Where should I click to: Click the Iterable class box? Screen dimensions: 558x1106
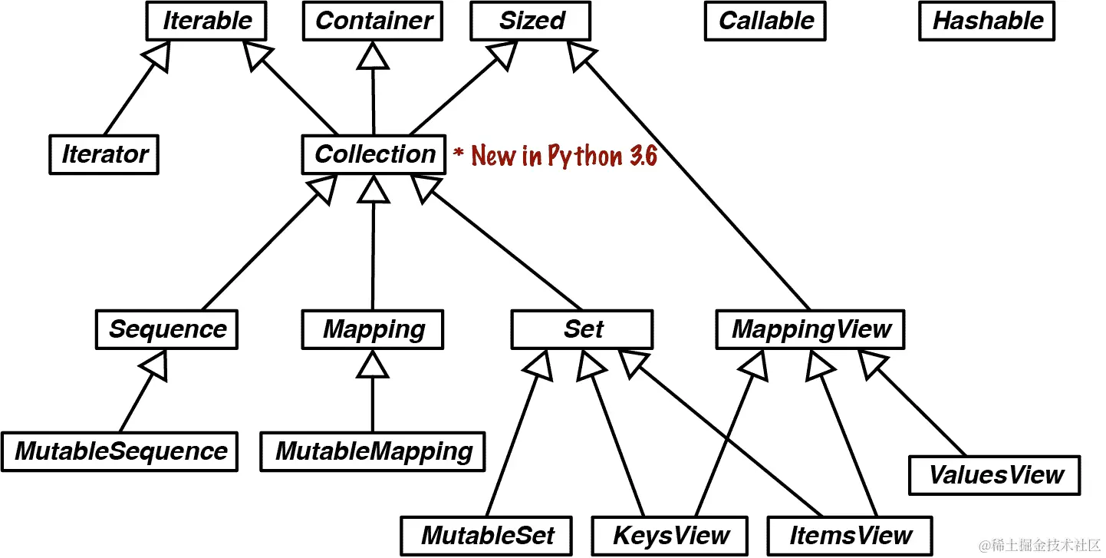pos(206,21)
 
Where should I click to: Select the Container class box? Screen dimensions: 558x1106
pos(373,21)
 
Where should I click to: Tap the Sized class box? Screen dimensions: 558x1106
pos(532,21)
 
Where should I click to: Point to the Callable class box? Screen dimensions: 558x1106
pos(765,21)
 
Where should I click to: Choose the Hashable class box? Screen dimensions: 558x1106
pos(987,21)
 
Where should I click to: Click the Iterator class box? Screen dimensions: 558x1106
pos(104,154)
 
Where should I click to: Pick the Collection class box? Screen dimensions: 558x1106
pos(374,154)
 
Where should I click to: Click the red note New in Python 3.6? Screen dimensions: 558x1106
pos(555,156)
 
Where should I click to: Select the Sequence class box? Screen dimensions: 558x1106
pos(166,329)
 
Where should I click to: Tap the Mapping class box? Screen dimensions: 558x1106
pos(373,329)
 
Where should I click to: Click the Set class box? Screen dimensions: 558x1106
pos(582,329)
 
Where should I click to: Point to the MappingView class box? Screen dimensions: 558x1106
pos(811,329)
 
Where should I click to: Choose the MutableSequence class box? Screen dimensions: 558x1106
pos(120,451)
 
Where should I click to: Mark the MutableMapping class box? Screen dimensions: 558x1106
pos(373,451)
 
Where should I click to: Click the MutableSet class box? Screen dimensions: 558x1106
pos(487,535)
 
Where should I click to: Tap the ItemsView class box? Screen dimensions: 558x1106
pos(851,535)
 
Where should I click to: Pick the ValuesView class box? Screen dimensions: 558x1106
pos(995,475)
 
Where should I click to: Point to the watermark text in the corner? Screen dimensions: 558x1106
pos(1035,545)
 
